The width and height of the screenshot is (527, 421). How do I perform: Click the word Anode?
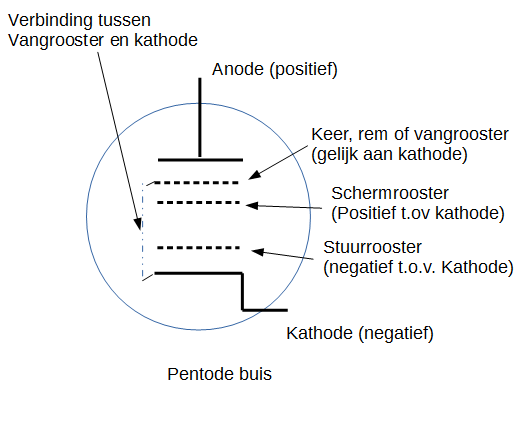238,70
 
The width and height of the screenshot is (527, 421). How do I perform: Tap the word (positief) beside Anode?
303,70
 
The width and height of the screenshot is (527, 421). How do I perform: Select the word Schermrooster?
390,193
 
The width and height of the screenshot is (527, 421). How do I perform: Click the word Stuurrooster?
372,247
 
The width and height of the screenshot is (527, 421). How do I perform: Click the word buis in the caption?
255,374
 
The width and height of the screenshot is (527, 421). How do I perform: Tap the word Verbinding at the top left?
50,21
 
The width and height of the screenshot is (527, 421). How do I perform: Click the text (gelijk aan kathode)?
389,155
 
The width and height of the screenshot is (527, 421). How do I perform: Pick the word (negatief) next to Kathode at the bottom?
396,334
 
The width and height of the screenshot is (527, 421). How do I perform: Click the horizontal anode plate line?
200,160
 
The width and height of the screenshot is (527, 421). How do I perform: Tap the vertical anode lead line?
200,118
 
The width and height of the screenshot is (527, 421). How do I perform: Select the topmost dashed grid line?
197,183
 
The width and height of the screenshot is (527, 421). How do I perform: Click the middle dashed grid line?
198,203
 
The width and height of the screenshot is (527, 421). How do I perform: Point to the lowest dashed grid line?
198,248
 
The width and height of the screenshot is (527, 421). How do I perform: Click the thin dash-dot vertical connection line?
143,231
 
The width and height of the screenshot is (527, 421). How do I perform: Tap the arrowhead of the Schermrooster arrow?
252,205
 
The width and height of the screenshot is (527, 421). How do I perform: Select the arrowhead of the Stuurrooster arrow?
257,252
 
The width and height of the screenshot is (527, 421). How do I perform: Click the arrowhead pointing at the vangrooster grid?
254,175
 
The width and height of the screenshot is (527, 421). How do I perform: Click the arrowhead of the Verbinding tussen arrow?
138,224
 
